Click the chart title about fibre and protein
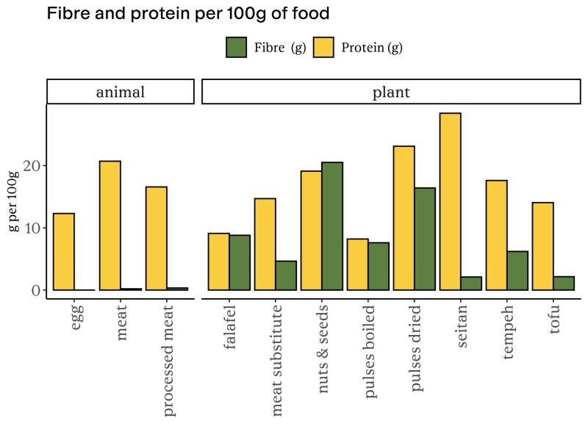click(x=187, y=14)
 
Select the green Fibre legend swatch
click(x=236, y=48)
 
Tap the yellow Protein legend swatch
click(x=324, y=48)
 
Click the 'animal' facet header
click(x=121, y=92)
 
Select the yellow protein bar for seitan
click(x=450, y=202)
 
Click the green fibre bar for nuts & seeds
click(x=331, y=226)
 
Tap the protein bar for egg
click(x=64, y=252)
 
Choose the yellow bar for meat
click(x=110, y=226)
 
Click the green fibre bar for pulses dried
click(x=424, y=239)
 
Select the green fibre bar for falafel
click(x=240, y=262)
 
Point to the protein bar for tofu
click(x=542, y=246)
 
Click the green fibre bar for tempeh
click(x=517, y=270)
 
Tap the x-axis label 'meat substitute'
click(x=276, y=358)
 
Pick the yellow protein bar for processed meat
click(x=156, y=239)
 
